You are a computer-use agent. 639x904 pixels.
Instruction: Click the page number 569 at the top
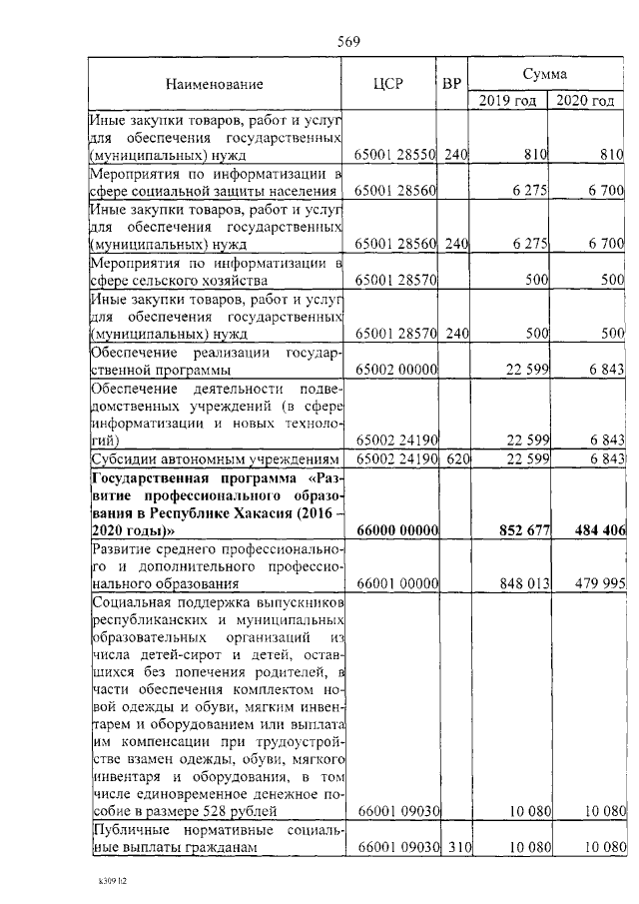[347, 41]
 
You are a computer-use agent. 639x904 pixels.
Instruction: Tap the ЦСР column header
[391, 85]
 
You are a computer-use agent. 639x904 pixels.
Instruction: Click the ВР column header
[451, 85]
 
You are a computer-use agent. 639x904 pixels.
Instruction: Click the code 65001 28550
[397, 155]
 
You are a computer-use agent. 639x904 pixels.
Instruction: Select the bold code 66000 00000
[397, 531]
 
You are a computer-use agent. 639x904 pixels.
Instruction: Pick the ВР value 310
[456, 848]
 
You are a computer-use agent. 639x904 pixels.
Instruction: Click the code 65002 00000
[397, 370]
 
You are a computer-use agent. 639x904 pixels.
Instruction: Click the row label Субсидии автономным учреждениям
[216, 458]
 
